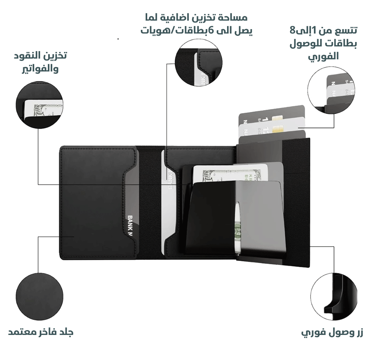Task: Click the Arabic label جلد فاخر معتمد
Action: (x=40, y=332)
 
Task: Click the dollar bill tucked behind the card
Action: (x=210, y=173)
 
